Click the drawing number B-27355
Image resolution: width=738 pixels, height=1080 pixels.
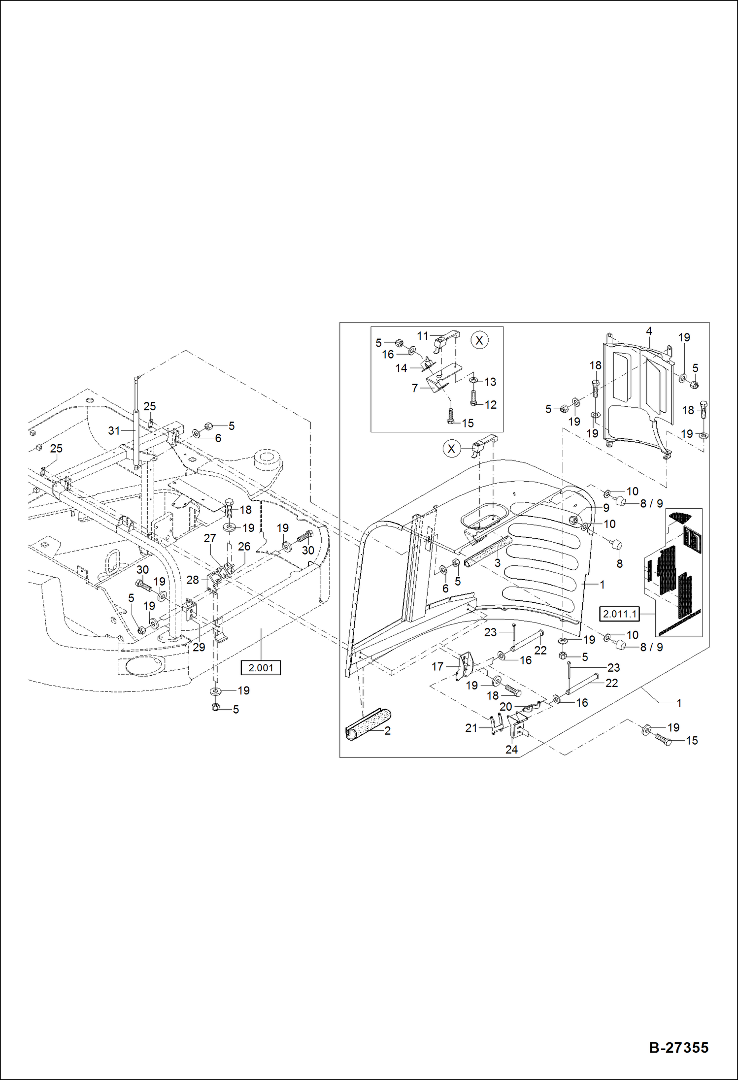pyautogui.click(x=678, y=1047)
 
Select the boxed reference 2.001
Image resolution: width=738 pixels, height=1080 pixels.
pyautogui.click(x=261, y=668)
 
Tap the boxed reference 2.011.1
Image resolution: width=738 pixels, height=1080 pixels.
pyautogui.click(x=619, y=614)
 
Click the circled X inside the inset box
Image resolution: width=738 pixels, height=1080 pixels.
pyautogui.click(x=479, y=340)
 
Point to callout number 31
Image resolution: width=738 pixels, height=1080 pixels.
pyautogui.click(x=114, y=430)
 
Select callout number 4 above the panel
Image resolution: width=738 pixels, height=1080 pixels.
pyautogui.click(x=649, y=331)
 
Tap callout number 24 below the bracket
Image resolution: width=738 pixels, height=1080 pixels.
pyautogui.click(x=511, y=749)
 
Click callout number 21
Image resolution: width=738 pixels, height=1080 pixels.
pyautogui.click(x=471, y=727)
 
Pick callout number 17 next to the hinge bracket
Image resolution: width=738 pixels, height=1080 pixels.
pyautogui.click(x=437, y=666)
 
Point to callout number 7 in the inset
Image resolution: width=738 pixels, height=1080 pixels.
pyautogui.click(x=415, y=388)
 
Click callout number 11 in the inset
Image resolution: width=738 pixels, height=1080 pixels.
pyautogui.click(x=423, y=336)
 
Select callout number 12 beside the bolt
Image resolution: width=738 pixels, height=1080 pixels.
pyautogui.click(x=490, y=404)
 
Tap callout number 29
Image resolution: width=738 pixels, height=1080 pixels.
pyautogui.click(x=199, y=647)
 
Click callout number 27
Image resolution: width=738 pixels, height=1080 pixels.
pyautogui.click(x=210, y=538)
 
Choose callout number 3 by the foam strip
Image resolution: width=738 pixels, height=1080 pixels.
pyautogui.click(x=497, y=562)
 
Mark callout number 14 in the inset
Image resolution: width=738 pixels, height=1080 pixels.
pyautogui.click(x=401, y=368)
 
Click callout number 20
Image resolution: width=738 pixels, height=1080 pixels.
pyautogui.click(x=506, y=706)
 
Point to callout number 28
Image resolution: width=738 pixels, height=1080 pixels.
pyautogui.click(x=193, y=580)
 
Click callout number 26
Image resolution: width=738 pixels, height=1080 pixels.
pyautogui.click(x=244, y=546)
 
